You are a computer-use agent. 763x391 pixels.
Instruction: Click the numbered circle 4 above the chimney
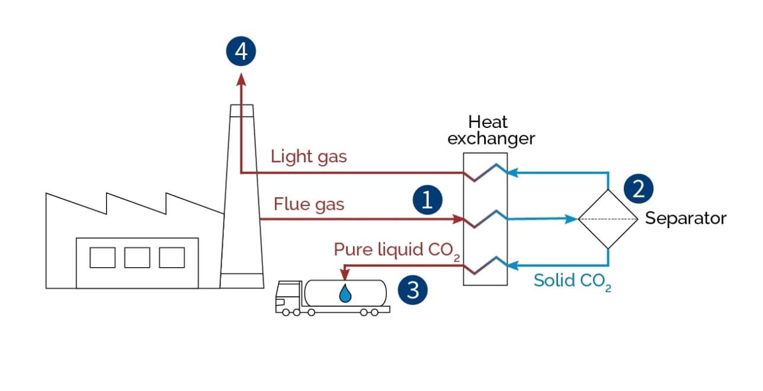coord(241,52)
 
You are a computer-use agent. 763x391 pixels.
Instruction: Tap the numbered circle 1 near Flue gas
coord(428,200)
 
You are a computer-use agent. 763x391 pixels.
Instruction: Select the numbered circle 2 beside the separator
coord(639,189)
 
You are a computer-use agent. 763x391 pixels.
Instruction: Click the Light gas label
coord(309,157)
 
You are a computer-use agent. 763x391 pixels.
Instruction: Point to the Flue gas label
coord(309,205)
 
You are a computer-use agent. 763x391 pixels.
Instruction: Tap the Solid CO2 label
coord(572,281)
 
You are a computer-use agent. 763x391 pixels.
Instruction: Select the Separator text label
coord(685,218)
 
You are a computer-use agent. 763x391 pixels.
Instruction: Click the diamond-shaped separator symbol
coord(608,219)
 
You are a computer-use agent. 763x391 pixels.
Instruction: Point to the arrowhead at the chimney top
coord(241,78)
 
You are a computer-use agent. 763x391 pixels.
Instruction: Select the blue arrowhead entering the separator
coord(572,219)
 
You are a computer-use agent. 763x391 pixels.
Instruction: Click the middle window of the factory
coord(137,257)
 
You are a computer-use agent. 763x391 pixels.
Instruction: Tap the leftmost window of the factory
coord(102,257)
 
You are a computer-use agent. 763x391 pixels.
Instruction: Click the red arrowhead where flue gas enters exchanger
coord(458,219)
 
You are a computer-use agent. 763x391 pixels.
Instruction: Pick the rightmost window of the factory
coord(172,257)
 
